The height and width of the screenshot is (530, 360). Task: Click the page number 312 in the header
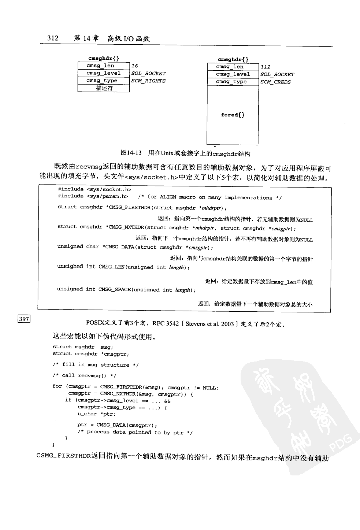53,38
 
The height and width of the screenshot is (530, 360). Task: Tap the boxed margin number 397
24,319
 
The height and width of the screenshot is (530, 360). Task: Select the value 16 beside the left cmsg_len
135,66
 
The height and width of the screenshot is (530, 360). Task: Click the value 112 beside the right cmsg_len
266,67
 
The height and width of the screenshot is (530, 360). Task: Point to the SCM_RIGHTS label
148,81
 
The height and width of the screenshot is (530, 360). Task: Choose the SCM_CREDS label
275,82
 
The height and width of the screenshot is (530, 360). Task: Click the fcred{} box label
233,115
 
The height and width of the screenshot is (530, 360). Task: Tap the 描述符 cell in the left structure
104,88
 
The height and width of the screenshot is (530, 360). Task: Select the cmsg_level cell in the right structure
233,74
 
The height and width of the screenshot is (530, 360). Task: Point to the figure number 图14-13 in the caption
131,153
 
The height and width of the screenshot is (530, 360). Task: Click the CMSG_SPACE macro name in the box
115,290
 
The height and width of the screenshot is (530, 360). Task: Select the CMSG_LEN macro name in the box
112,267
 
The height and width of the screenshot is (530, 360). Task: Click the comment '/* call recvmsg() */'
84,376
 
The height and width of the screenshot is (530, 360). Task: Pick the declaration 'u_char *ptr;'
96,414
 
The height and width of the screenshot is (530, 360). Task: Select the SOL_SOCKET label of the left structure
148,74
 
